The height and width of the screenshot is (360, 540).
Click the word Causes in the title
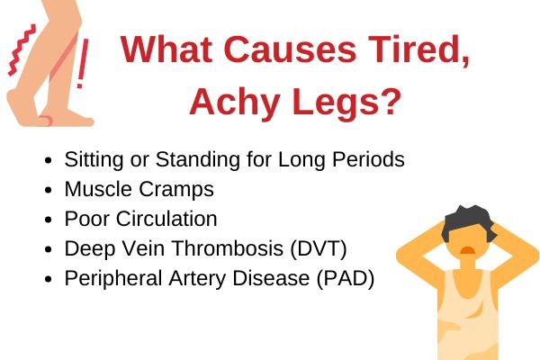click(290, 49)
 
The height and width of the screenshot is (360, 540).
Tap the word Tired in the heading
click(418, 50)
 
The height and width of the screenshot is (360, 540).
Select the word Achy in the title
click(234, 102)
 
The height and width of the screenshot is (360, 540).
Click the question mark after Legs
click(391, 100)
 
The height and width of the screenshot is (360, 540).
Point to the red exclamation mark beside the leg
click(82, 63)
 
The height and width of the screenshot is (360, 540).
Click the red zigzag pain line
click(22, 50)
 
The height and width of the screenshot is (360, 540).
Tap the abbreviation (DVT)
click(319, 248)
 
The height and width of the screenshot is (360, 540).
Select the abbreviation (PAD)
click(345, 278)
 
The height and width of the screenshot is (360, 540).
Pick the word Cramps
click(176, 190)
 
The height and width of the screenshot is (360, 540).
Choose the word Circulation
click(166, 219)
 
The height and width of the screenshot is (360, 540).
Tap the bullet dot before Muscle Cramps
click(49, 190)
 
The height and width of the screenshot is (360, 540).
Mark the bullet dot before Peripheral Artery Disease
click(49, 279)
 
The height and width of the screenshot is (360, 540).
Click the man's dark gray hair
click(469, 221)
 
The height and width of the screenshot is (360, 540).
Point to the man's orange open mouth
click(468, 250)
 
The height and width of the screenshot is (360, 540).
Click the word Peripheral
click(113, 278)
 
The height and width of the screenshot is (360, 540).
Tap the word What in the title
click(166, 49)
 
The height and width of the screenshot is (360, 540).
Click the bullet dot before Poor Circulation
click(49, 220)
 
